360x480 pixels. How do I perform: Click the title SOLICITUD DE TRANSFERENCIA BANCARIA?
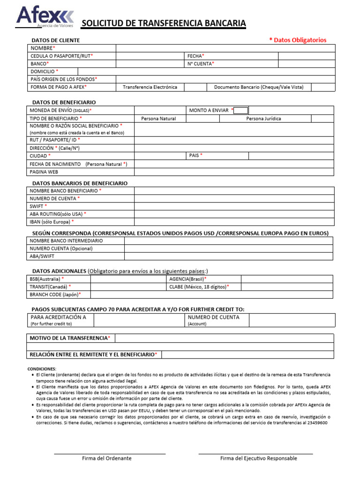(164, 24)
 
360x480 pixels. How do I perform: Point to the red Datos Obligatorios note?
(298, 40)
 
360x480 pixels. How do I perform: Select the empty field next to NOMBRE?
(225, 48)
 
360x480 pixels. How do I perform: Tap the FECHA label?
(196, 56)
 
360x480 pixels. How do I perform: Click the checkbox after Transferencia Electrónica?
(195, 87)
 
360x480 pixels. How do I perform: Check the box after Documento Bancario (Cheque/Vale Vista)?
(323, 87)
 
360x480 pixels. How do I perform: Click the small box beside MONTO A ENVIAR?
(241, 111)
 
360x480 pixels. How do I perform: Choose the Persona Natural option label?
(158, 119)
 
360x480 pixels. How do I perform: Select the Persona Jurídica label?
(263, 119)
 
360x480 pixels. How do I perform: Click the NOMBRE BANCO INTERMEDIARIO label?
(66, 241)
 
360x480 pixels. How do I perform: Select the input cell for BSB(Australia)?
(128, 279)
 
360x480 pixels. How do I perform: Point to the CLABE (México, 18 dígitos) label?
(199, 287)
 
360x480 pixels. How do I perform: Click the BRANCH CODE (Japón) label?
(55, 294)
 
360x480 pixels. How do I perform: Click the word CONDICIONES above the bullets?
(42, 369)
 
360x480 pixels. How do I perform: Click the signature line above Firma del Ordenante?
(110, 453)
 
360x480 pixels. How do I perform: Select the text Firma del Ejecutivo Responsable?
(258, 458)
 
